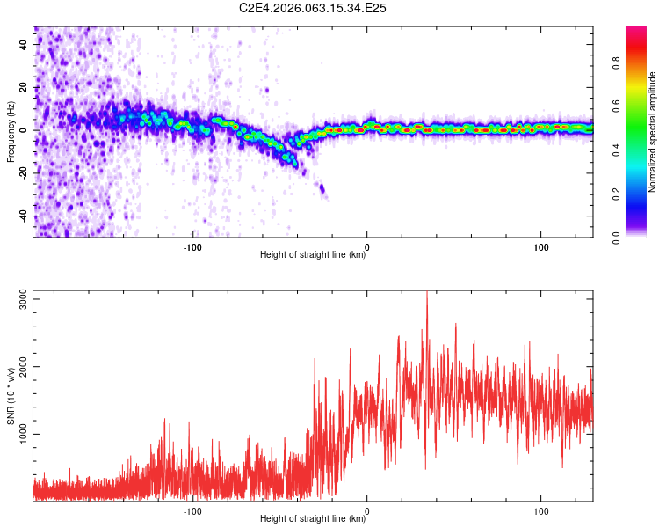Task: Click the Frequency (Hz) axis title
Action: (x=11, y=132)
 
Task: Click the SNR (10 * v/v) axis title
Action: (x=11, y=396)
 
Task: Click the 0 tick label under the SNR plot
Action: (x=367, y=510)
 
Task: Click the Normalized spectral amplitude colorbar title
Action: (x=652, y=132)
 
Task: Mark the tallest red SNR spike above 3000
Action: (x=427, y=293)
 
